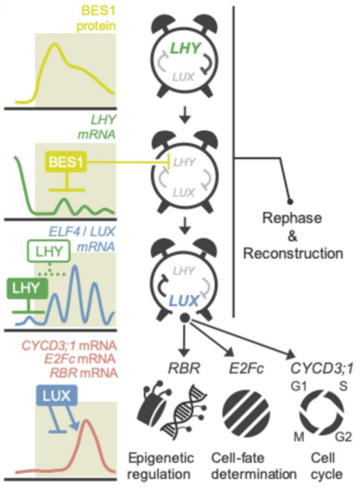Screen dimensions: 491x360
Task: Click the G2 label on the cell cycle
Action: [x=338, y=439]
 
